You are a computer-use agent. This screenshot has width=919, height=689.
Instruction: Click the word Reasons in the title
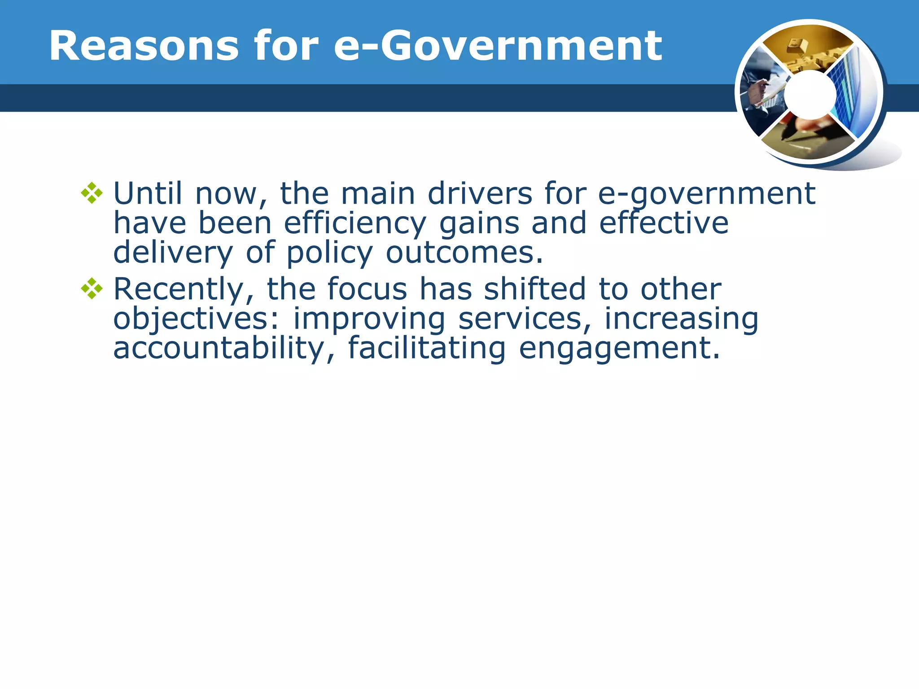pyautogui.click(x=144, y=46)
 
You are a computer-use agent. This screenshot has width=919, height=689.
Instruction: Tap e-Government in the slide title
pyautogui.click(x=498, y=46)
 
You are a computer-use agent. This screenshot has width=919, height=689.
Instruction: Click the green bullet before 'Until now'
pyautogui.click(x=92, y=193)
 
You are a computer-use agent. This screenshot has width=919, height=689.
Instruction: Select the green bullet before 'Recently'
pyautogui.click(x=92, y=289)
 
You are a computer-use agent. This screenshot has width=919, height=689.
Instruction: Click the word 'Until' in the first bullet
pyautogui.click(x=148, y=193)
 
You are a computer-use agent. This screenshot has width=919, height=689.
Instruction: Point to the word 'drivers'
pyautogui.click(x=480, y=193)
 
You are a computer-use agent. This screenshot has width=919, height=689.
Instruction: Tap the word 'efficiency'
pyautogui.click(x=355, y=223)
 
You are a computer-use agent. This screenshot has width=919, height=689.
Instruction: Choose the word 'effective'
pyautogui.click(x=664, y=223)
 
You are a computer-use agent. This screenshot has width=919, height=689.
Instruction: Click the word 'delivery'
pyautogui.click(x=173, y=253)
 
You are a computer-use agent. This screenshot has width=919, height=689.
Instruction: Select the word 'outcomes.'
pyautogui.click(x=464, y=253)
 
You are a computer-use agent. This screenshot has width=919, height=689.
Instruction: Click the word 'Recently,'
pyautogui.click(x=184, y=289)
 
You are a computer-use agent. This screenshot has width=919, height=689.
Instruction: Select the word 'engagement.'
pyautogui.click(x=620, y=349)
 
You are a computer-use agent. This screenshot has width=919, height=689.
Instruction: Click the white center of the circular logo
pyautogui.click(x=810, y=94)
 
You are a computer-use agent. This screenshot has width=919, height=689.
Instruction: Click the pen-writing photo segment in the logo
pyautogui.click(x=808, y=139)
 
